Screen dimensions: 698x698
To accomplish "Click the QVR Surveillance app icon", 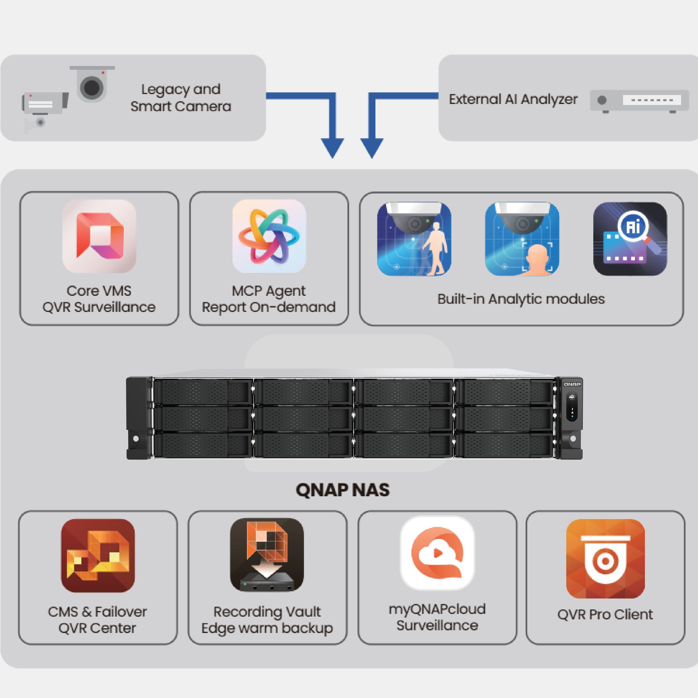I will pyautogui.click(x=99, y=236).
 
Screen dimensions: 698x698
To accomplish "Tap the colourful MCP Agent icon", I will pyautogui.click(x=269, y=236).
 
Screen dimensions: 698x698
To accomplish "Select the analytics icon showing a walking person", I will pyautogui.click(x=414, y=239).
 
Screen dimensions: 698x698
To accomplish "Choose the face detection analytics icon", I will pyautogui.click(x=522, y=239).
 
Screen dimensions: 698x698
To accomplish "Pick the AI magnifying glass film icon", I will pyautogui.click(x=630, y=239).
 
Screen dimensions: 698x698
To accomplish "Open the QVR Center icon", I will pyautogui.click(x=98, y=555).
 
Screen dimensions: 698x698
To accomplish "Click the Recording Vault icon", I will pyautogui.click(x=267, y=555).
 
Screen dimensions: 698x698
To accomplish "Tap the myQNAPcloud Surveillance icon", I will pyautogui.click(x=437, y=553).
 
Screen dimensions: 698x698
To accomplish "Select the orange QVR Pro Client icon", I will pyautogui.click(x=605, y=558).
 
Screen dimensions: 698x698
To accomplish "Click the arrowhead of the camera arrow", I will pyautogui.click(x=332, y=148).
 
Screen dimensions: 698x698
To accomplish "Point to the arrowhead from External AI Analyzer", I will pyautogui.click(x=372, y=148).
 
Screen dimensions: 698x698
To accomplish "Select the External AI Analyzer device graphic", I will pyautogui.click(x=639, y=101).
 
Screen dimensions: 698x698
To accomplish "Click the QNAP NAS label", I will pyautogui.click(x=342, y=490).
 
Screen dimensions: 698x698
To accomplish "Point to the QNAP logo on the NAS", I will pyautogui.click(x=572, y=384).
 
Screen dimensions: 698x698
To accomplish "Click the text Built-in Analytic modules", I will pyautogui.click(x=521, y=299).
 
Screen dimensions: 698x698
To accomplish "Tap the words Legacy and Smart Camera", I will pyautogui.click(x=181, y=98).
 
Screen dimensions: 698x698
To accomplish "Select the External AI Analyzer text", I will pyautogui.click(x=513, y=99).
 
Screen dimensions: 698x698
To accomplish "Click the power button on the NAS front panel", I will pyautogui.click(x=572, y=397).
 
